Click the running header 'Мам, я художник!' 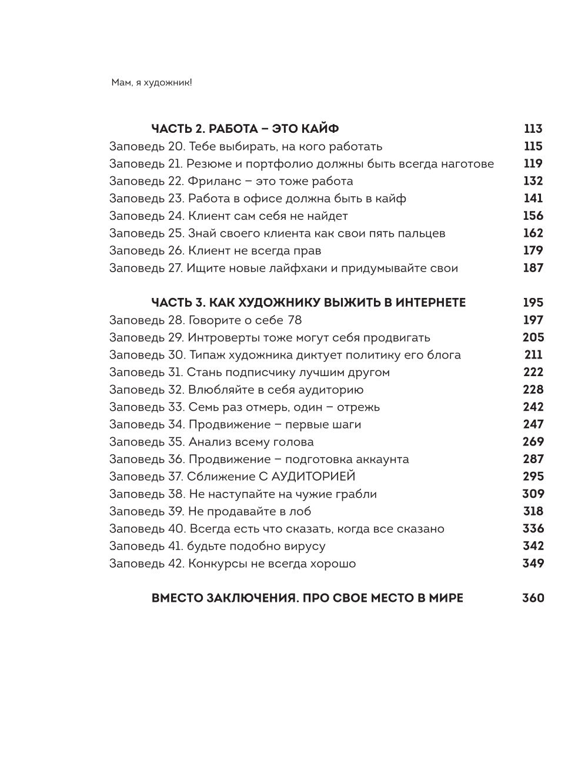(x=152, y=83)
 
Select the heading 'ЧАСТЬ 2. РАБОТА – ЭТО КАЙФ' (x=245, y=129)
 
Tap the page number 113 (x=533, y=129)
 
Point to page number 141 (x=533, y=198)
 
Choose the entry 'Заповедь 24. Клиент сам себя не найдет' (x=229, y=216)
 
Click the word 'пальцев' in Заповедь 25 (x=419, y=233)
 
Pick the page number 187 (x=533, y=268)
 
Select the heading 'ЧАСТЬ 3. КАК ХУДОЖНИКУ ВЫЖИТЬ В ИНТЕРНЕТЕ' (x=309, y=303)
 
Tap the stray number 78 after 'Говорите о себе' (x=295, y=320)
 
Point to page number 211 (x=533, y=355)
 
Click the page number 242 (x=533, y=407)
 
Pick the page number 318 (x=533, y=511)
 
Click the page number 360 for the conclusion (x=533, y=598)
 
